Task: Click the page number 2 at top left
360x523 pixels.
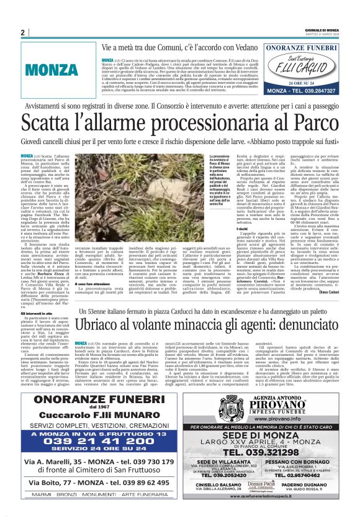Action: click(22, 32)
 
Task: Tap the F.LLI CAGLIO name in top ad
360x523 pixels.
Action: click(312, 66)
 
